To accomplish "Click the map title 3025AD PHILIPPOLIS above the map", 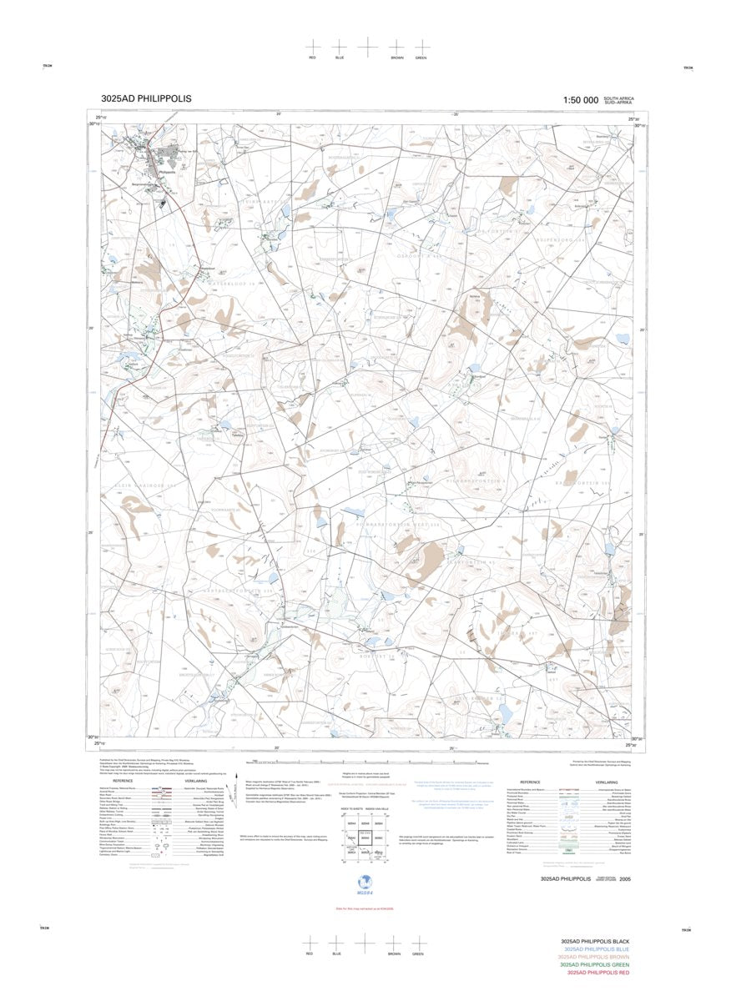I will (x=145, y=98).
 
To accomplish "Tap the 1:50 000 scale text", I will (x=580, y=100).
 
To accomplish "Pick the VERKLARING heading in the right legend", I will (x=607, y=782).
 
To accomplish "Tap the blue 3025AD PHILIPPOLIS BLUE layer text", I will (x=596, y=949).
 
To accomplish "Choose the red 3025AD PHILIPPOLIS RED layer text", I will (x=597, y=973).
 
